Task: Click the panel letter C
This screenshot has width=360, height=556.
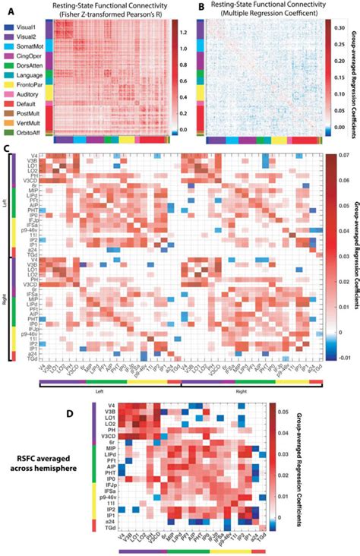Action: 6,150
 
